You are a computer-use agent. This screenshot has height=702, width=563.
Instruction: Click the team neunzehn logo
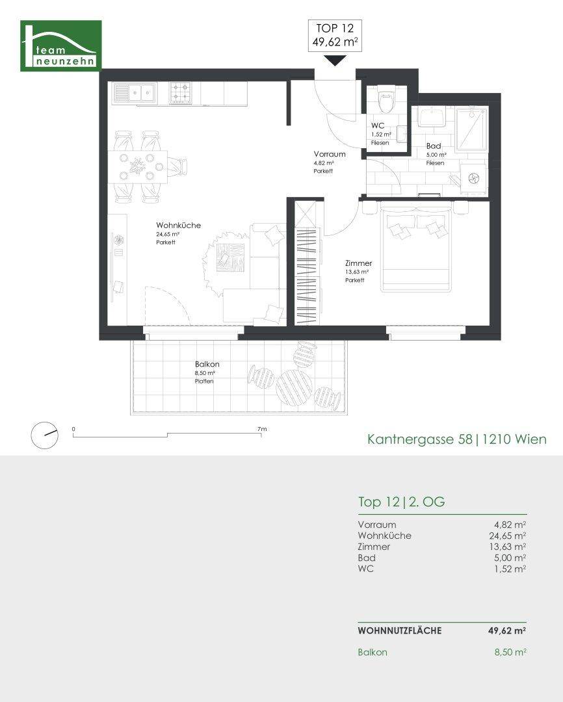[x=61, y=45]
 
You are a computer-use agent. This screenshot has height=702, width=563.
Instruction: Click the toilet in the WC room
[x=386, y=100]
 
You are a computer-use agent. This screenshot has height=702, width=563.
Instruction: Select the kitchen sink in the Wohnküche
[x=134, y=93]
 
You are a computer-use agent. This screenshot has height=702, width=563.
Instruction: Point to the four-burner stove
[x=181, y=93]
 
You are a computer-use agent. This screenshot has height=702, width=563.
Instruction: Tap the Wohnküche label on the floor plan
[x=178, y=225]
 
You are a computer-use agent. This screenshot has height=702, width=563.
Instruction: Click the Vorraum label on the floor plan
[x=329, y=154]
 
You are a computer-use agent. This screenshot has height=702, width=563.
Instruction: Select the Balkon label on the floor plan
[x=207, y=365]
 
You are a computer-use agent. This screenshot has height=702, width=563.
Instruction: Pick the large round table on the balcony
[x=294, y=386]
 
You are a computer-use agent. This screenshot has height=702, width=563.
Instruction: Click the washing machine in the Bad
[x=473, y=177]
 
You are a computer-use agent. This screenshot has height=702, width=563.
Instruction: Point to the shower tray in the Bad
[x=471, y=129]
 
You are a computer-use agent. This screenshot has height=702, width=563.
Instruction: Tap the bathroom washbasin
[x=432, y=117]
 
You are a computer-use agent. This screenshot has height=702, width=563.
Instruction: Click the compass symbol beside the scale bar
[x=44, y=435]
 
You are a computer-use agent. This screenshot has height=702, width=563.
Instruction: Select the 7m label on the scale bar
[x=262, y=429]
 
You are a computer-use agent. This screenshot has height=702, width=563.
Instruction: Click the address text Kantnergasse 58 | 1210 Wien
[x=457, y=439]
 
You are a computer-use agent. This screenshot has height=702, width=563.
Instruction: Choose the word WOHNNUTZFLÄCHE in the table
[x=400, y=630]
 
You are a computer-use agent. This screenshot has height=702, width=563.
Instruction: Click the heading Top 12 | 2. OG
[x=401, y=502]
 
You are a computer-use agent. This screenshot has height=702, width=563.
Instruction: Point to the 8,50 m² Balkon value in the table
[x=510, y=653]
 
